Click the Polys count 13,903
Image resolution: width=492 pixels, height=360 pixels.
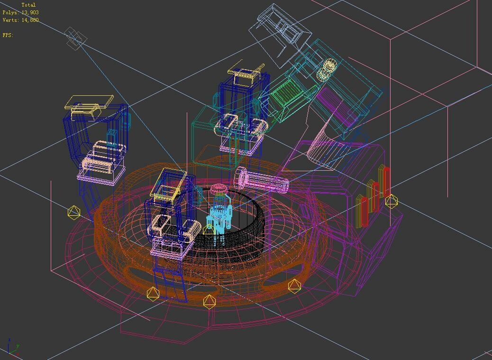[30, 12]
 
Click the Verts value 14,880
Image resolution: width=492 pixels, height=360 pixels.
[30, 20]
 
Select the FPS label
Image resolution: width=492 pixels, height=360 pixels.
[8, 35]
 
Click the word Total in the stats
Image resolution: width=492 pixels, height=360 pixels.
[28, 5]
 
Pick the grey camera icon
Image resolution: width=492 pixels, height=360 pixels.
[75, 38]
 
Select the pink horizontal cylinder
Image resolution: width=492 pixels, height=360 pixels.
[262, 180]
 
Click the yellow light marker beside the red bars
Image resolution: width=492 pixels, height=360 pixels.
[392, 201]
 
